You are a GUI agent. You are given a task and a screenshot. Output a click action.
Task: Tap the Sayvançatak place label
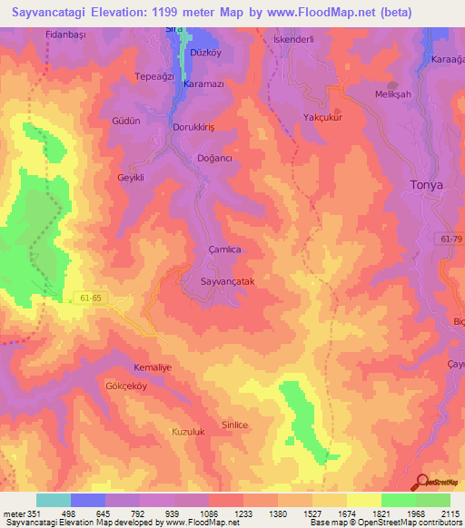(233, 282)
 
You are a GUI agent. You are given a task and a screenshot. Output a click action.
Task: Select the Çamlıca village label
(223, 249)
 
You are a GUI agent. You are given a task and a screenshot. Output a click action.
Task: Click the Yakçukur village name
(322, 118)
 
